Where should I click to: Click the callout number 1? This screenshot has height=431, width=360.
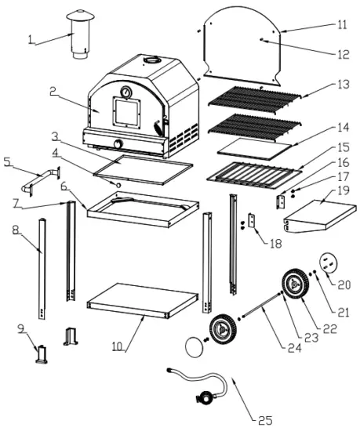click(30, 39)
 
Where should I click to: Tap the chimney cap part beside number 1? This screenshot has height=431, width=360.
click(78, 35)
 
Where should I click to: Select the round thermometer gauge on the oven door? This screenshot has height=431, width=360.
click(125, 95)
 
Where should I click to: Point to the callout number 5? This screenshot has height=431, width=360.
click(8, 162)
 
